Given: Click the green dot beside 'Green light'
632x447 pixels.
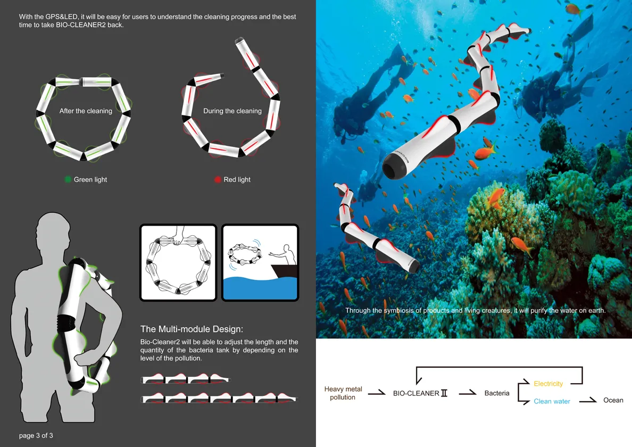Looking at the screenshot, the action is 68,179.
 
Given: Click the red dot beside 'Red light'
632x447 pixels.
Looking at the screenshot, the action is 218,179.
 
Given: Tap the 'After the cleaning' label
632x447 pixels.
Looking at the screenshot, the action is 86,111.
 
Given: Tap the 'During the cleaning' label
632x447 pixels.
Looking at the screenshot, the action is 232,111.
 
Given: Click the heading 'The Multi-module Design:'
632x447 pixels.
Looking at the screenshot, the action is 192,329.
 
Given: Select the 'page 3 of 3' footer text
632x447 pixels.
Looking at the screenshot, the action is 36,435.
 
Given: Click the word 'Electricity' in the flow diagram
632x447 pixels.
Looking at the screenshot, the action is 548,383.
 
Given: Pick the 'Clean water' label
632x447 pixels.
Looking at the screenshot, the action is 552,401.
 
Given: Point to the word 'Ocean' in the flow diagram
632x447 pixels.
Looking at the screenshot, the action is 613,400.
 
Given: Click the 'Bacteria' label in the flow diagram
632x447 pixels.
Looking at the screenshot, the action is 496,393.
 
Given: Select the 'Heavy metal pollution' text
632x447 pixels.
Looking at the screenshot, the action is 343,393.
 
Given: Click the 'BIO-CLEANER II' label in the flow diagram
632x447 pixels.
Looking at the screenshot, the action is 420,393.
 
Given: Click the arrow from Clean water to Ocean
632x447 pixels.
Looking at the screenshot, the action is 588,400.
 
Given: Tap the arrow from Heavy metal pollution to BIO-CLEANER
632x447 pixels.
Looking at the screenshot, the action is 377,393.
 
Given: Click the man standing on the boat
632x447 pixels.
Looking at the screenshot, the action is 285,255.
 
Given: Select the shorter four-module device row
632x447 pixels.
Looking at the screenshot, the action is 185,379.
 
